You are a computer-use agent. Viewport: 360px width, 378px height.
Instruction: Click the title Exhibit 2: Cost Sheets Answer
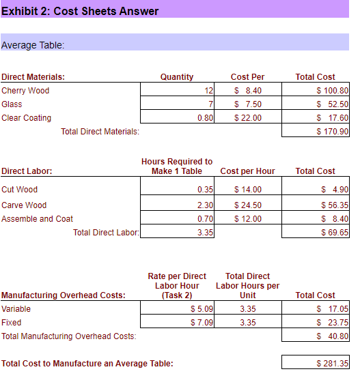tap(81, 11)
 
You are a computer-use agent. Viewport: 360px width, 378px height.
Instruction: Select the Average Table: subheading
tap(33, 45)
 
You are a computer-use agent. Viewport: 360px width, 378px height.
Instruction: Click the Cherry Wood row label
tap(25, 91)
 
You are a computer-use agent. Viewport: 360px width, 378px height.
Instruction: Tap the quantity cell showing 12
tap(208, 91)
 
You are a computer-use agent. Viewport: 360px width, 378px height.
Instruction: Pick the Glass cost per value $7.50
tap(247, 104)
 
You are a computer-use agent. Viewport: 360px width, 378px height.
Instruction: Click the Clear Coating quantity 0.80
tap(205, 118)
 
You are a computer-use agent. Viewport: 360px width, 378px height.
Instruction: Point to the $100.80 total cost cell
tap(333, 91)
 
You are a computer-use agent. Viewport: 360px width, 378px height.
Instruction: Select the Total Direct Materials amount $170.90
tap(333, 132)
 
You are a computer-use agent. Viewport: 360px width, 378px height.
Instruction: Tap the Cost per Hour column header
tap(247, 171)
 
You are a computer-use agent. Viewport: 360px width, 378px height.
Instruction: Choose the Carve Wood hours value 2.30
tap(205, 205)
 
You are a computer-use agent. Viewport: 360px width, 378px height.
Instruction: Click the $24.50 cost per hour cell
tap(247, 205)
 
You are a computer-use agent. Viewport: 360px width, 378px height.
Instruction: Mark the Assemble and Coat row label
tap(38, 219)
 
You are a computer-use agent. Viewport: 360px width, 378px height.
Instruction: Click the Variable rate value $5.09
tap(202, 309)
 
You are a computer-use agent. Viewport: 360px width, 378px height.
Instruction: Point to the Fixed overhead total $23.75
tap(333, 323)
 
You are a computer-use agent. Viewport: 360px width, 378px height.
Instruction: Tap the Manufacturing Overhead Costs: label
tap(64, 295)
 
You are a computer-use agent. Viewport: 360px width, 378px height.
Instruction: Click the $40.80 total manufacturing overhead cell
tap(333, 336)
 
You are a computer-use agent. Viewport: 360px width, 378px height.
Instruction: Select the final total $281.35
tap(333, 364)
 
